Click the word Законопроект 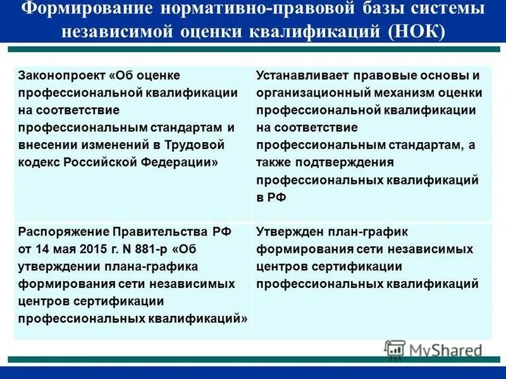coord(61,75)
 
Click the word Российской coord(98,162)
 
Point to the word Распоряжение coord(62,231)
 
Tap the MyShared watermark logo coord(433,349)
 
